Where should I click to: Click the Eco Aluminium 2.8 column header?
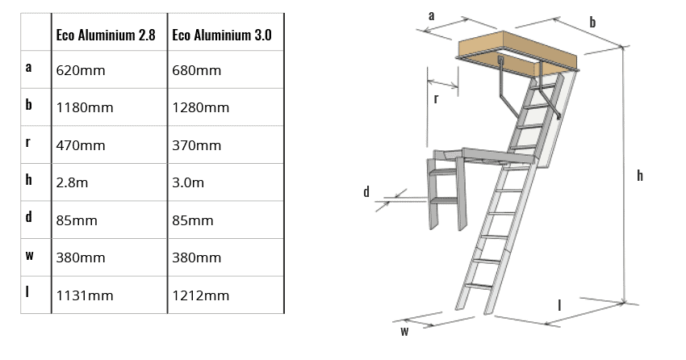[x=105, y=36]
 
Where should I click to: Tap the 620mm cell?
[x=81, y=70]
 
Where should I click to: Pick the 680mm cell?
[x=196, y=70]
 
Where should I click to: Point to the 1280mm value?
[x=200, y=107]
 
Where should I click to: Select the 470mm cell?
[x=81, y=145]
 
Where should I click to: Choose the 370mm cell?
[x=196, y=145]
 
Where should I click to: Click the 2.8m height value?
[x=72, y=182]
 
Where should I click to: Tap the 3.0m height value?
[x=187, y=182]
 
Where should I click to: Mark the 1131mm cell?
[x=85, y=295]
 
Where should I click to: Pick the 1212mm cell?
[x=200, y=295]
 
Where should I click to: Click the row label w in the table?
[x=29, y=256]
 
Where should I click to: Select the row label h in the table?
[x=29, y=180]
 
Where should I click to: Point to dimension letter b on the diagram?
[x=592, y=22]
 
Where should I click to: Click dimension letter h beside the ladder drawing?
[x=640, y=175]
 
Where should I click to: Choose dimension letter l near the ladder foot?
[x=560, y=304]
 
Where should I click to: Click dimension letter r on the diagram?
[x=436, y=98]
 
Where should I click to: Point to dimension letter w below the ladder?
[x=404, y=330]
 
